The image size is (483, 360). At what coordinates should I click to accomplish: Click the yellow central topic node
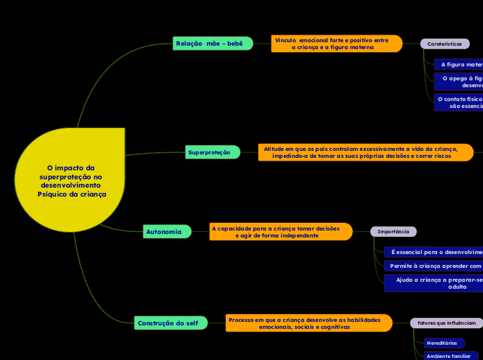(x=71, y=180)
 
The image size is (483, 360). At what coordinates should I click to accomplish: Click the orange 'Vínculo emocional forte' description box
(x=336, y=44)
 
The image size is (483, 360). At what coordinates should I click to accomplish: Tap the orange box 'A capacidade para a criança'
(x=280, y=232)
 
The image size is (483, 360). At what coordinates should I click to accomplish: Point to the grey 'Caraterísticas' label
(x=444, y=44)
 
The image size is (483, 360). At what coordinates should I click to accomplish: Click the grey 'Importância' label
(x=393, y=232)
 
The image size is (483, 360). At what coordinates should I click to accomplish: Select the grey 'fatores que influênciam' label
(x=446, y=323)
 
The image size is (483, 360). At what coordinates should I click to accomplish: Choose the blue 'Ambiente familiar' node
(x=450, y=356)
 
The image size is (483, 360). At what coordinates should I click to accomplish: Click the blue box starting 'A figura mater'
(x=459, y=64)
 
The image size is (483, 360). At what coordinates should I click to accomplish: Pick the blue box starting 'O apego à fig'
(x=458, y=82)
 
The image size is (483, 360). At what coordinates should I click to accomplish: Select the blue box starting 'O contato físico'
(x=458, y=102)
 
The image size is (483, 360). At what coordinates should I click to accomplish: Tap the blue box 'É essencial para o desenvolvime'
(x=434, y=252)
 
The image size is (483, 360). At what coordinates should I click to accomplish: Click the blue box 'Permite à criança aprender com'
(x=434, y=266)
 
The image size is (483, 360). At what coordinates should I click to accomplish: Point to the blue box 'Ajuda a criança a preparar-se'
(x=435, y=282)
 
